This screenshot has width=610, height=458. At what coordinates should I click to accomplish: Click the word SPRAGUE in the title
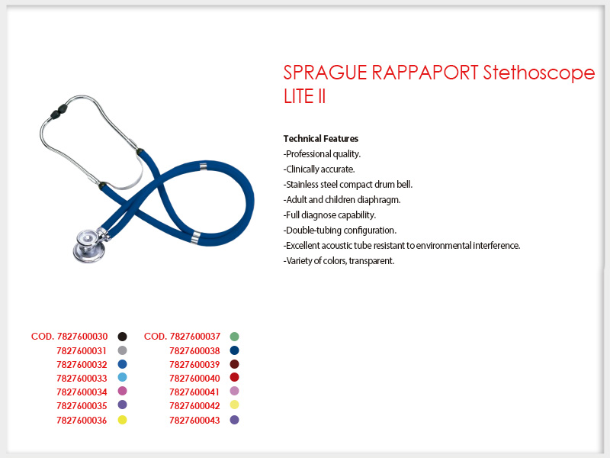tap(326, 73)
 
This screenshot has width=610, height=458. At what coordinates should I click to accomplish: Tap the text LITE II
tap(304, 97)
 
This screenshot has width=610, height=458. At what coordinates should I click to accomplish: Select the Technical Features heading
tap(321, 139)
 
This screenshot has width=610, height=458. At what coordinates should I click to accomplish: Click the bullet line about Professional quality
tap(322, 154)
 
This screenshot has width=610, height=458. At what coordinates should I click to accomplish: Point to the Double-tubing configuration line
tap(340, 231)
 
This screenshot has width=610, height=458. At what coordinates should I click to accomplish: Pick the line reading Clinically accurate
tap(319, 169)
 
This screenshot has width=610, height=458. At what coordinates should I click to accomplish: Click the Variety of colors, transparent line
tap(339, 261)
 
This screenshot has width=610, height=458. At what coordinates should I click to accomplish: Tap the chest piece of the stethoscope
tap(90, 245)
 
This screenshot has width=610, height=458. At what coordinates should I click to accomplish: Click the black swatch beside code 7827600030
tap(122, 337)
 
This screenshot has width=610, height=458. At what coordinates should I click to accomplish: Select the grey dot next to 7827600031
tap(122, 350)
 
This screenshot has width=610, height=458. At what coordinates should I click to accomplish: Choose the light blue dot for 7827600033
tap(122, 377)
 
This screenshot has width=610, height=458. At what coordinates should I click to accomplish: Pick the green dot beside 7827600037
tap(234, 337)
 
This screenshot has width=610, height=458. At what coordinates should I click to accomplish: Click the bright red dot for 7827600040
tap(234, 377)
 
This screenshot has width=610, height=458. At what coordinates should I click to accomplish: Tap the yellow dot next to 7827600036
tap(122, 420)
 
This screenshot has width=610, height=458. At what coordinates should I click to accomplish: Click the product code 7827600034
tap(82, 392)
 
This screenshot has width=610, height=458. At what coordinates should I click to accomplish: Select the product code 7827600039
tap(194, 365)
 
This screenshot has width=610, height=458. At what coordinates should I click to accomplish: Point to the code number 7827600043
tap(194, 421)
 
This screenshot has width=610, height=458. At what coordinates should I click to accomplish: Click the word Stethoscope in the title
tap(539, 73)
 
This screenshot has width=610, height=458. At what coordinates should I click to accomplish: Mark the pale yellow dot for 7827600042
tap(234, 405)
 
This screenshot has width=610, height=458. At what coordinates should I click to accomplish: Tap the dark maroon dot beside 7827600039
tap(234, 364)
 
